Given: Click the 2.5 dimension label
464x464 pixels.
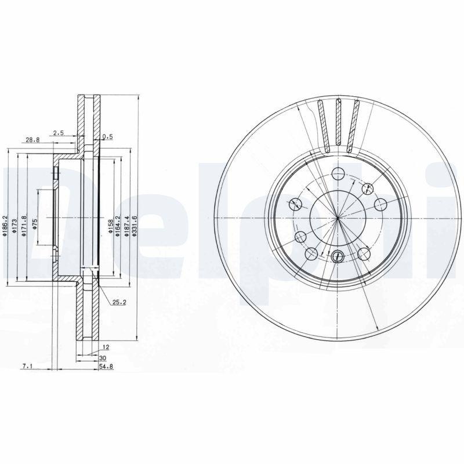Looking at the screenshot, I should pos(58,133).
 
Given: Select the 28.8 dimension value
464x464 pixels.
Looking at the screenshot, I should pos(32,140).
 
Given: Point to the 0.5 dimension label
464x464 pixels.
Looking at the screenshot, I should pos(107,137).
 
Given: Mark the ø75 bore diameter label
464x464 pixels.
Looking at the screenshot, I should pos(35,225).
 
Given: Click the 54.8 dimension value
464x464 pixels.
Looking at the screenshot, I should pos(104,367).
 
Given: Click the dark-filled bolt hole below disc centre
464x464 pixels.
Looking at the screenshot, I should pos(338,255).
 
